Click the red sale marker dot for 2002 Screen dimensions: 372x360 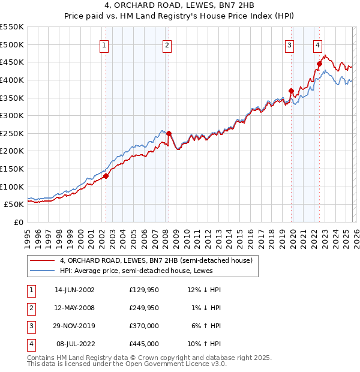tap(106, 176)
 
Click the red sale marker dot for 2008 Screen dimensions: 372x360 tap(169, 133)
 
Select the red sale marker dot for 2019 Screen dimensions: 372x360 tap(292, 91)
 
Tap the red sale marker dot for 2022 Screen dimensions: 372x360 tap(319, 64)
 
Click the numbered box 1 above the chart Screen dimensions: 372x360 tap(104, 45)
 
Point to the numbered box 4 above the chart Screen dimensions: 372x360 tap(317, 45)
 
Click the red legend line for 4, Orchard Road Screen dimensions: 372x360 tap(43, 260)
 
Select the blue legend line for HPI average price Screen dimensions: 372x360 tap(43, 271)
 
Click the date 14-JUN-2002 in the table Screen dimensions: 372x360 tap(74, 290)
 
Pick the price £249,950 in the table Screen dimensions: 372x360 tap(144, 308)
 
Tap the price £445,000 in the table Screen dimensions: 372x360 tap(144, 344)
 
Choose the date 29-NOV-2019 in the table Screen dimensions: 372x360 tap(74, 326)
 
